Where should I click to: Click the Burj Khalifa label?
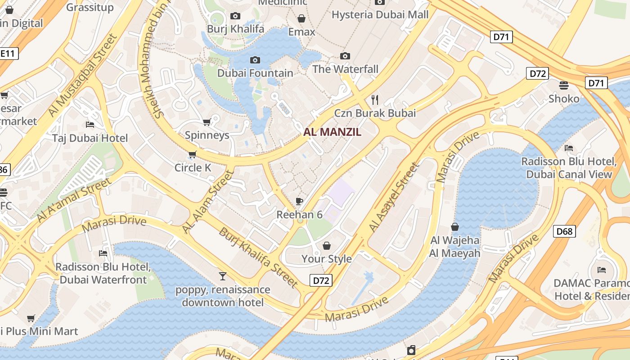coord(235,29)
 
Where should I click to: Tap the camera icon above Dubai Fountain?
coord(255,60)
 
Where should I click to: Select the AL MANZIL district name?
coord(333,132)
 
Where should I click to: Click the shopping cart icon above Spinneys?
coord(207,122)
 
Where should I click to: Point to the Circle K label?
coord(193,168)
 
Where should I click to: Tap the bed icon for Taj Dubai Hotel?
coord(90,124)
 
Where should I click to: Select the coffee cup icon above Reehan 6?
coord(299,201)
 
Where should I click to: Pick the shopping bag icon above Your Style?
coord(327,246)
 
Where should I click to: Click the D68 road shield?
coord(564,231)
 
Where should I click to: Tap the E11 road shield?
coord(8,54)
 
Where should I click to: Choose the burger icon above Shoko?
coord(564,85)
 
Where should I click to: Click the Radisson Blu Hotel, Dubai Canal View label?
coord(569,168)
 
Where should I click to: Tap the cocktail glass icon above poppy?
coord(223,276)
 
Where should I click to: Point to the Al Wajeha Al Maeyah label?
coord(454,247)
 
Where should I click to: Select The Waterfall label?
coord(345,69)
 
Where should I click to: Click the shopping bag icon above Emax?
coord(301,18)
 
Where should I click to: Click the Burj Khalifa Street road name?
coord(258,258)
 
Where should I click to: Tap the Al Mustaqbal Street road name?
coord(82,75)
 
